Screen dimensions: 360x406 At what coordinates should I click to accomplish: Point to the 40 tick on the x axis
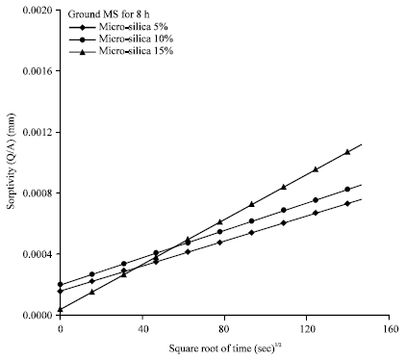coord(141,329)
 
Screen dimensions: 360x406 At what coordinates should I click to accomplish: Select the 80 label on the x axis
coord(224,329)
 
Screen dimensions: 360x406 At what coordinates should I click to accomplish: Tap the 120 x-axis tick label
coord(307,329)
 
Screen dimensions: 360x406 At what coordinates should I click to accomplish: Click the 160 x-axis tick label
coord(389,329)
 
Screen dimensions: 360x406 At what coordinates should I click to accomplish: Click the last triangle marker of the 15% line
coord(348,152)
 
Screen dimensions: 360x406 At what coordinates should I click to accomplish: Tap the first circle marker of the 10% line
coord(60,285)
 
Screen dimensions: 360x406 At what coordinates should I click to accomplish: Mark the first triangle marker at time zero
coord(60,309)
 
